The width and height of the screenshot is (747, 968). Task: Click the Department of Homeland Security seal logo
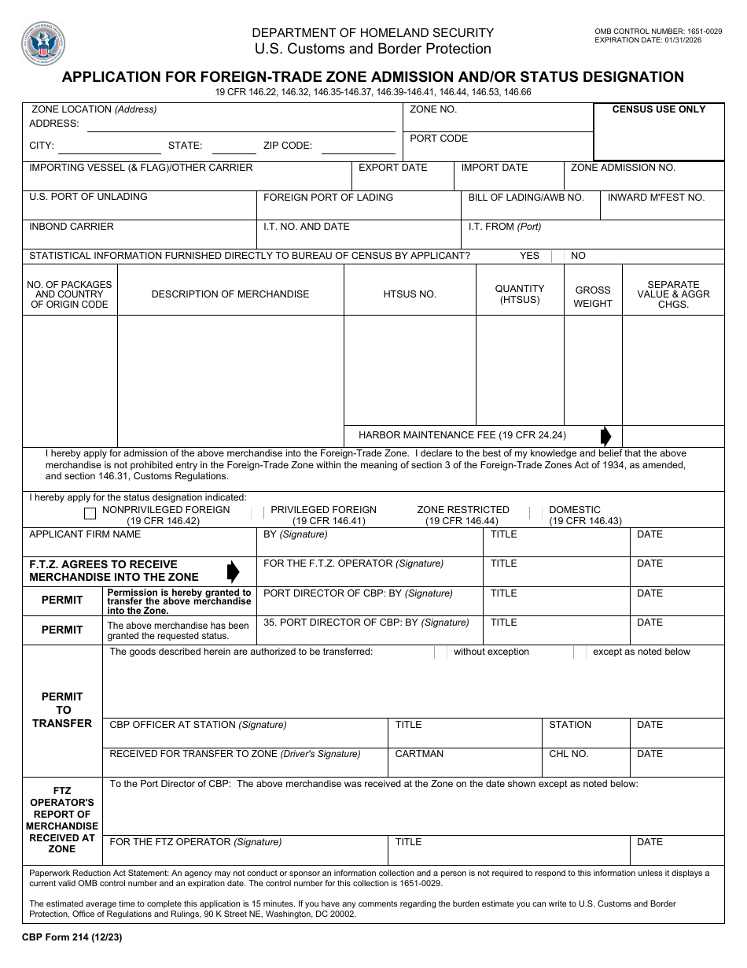[x=43, y=43]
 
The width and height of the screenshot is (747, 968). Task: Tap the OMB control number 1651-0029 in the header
[x=658, y=31]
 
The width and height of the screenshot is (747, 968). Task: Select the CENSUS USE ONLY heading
[x=659, y=109]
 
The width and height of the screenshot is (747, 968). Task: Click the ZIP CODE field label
[x=288, y=146]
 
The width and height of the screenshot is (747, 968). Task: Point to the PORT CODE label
[x=439, y=139]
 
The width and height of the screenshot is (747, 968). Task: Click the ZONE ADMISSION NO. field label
[x=623, y=168]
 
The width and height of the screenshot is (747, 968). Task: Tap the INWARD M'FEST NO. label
[x=656, y=198]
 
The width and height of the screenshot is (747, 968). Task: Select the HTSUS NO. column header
[x=410, y=294]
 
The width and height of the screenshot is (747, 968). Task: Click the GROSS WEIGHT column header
[x=593, y=297]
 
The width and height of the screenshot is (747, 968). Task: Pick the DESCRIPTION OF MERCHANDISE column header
[x=230, y=294]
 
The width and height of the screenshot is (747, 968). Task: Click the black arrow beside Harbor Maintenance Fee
[x=605, y=436]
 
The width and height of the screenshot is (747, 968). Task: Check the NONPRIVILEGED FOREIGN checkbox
[x=90, y=515]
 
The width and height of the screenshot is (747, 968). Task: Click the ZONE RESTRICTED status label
[x=463, y=510]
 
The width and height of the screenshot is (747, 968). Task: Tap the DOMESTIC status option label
[x=575, y=510]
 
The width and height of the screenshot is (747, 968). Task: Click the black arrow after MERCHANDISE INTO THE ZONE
[x=233, y=571]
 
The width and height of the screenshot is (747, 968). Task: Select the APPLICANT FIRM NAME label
[x=85, y=534]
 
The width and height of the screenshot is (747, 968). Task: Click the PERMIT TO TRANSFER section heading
[x=62, y=710]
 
